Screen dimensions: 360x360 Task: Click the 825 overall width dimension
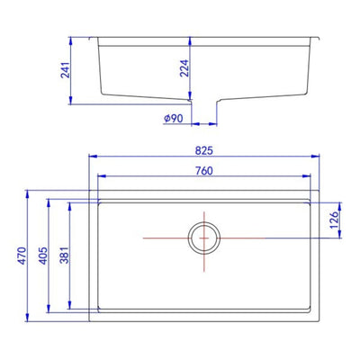(x=204, y=150)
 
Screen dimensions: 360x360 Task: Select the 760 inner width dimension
(x=204, y=171)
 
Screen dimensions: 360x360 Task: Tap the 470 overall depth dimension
(x=22, y=256)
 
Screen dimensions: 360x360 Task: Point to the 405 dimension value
(x=43, y=256)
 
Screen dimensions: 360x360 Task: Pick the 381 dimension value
(x=65, y=255)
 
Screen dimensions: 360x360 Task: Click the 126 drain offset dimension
(x=334, y=220)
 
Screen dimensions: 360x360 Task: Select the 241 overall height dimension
(x=65, y=70)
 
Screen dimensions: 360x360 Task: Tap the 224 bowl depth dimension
(x=184, y=68)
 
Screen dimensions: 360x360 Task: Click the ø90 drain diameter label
(x=174, y=119)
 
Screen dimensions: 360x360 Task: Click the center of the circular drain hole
(x=204, y=238)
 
